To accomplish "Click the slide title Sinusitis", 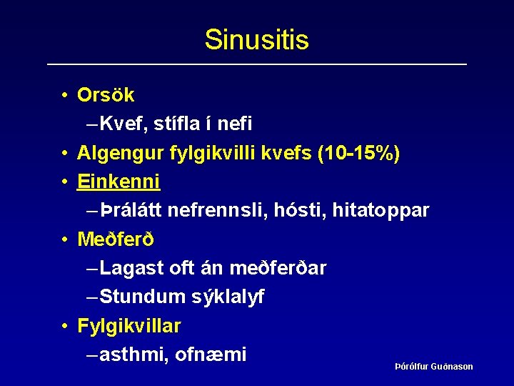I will [x=256, y=39].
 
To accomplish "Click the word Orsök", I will [x=106, y=95].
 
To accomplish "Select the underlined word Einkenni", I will [x=119, y=182].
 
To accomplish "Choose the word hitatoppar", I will [x=385, y=210].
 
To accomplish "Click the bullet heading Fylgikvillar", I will [x=129, y=326].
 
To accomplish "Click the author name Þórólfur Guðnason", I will [x=434, y=367].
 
